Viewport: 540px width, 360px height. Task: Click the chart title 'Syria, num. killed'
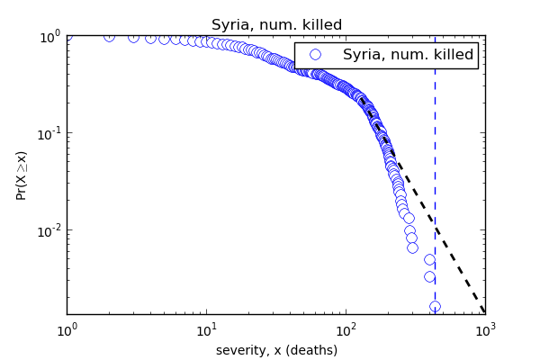(276, 25)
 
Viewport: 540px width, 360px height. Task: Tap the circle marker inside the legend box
(315, 55)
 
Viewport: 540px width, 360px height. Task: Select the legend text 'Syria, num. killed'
(408, 55)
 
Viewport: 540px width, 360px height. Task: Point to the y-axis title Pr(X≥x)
(22, 175)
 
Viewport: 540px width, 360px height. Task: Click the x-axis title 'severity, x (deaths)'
(276, 350)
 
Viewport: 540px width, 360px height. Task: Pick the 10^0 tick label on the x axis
(67, 329)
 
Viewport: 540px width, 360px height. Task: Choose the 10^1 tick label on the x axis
(206, 329)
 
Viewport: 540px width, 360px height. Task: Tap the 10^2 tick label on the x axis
(346, 329)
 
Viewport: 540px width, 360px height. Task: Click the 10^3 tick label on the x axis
(485, 329)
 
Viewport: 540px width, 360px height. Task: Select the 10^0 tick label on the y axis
(49, 37)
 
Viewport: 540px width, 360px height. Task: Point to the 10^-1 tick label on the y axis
(47, 133)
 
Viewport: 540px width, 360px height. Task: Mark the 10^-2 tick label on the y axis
(47, 230)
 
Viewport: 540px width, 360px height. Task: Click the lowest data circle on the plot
(435, 307)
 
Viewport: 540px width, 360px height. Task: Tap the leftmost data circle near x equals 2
(109, 36)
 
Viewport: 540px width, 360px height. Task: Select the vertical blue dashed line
(435, 180)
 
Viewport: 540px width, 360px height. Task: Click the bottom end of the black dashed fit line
(483, 310)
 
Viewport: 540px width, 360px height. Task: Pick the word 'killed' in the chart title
(322, 25)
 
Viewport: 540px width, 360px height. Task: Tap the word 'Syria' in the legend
(363, 55)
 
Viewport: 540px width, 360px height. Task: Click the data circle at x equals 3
(133, 37)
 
